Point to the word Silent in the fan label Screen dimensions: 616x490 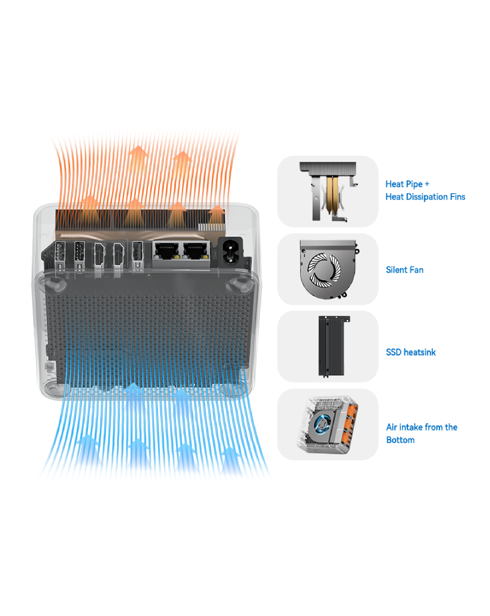(394, 270)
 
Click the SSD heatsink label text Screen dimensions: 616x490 (411, 352)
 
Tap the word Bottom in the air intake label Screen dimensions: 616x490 (400, 440)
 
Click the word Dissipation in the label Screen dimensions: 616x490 (430, 197)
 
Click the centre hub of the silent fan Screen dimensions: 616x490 (323, 269)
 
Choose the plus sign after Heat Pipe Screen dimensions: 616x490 (427, 184)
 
